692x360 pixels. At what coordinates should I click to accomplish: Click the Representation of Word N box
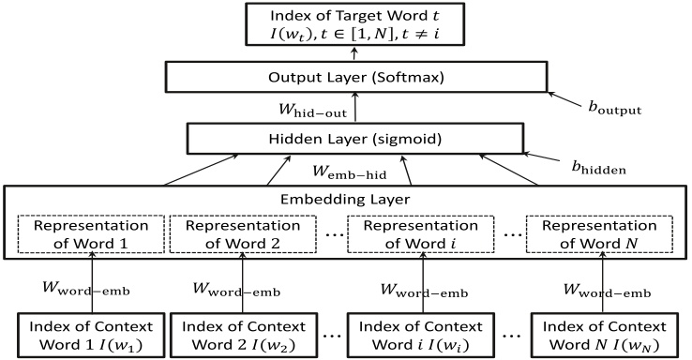click(x=599, y=235)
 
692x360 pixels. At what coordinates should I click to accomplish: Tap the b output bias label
click(x=615, y=107)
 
